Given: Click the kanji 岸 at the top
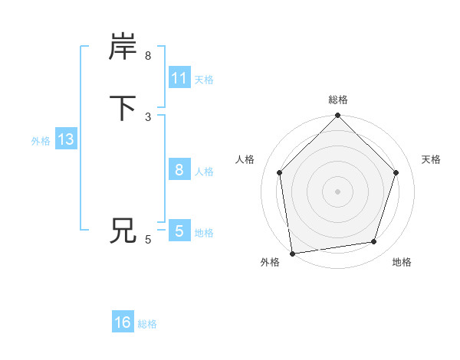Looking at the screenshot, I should pyautogui.click(x=123, y=47).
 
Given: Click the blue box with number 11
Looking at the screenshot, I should pyautogui.click(x=179, y=78).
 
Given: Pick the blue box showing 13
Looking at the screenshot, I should pyautogui.click(x=65, y=140).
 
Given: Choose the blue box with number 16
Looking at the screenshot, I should pyautogui.click(x=123, y=322).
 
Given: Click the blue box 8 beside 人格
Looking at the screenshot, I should pyautogui.click(x=179, y=170).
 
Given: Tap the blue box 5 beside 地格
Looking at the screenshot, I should pyautogui.click(x=179, y=231).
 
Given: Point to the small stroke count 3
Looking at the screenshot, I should pyautogui.click(x=148, y=117).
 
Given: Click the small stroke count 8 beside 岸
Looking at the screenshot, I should pyautogui.click(x=148, y=56).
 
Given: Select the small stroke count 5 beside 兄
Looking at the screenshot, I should pyautogui.click(x=148, y=240).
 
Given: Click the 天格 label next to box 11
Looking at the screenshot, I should pyautogui.click(x=204, y=80).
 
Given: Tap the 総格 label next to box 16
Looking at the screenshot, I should pyautogui.click(x=147, y=324).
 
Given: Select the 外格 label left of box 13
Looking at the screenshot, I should pyautogui.click(x=41, y=141).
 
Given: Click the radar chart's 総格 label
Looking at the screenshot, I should pyautogui.click(x=338, y=100).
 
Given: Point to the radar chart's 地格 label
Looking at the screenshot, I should pyautogui.click(x=402, y=262).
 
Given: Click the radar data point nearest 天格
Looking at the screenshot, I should pyautogui.click(x=396, y=172).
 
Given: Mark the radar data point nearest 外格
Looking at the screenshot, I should pyautogui.click(x=292, y=253).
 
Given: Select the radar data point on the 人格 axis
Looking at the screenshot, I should pyautogui.click(x=279, y=172).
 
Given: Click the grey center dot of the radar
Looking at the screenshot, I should pyautogui.click(x=338, y=191).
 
